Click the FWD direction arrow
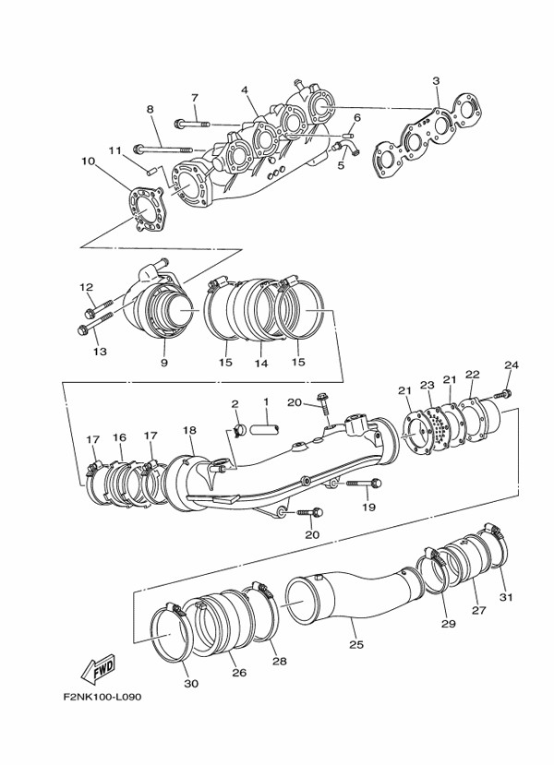[x=98, y=669]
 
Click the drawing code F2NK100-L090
[x=102, y=697]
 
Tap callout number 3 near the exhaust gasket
[x=436, y=80]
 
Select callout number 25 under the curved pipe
[x=356, y=644]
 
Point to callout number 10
[x=89, y=161]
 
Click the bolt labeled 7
[x=191, y=124]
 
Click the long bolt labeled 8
[x=163, y=149]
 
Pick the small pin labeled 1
[x=264, y=429]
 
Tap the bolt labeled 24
[x=502, y=394]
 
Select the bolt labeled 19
[x=365, y=484]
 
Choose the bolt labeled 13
[x=95, y=322]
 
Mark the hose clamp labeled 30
[x=170, y=633]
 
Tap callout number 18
[x=189, y=430]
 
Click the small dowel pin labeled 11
[x=151, y=171]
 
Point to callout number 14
[x=261, y=363]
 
